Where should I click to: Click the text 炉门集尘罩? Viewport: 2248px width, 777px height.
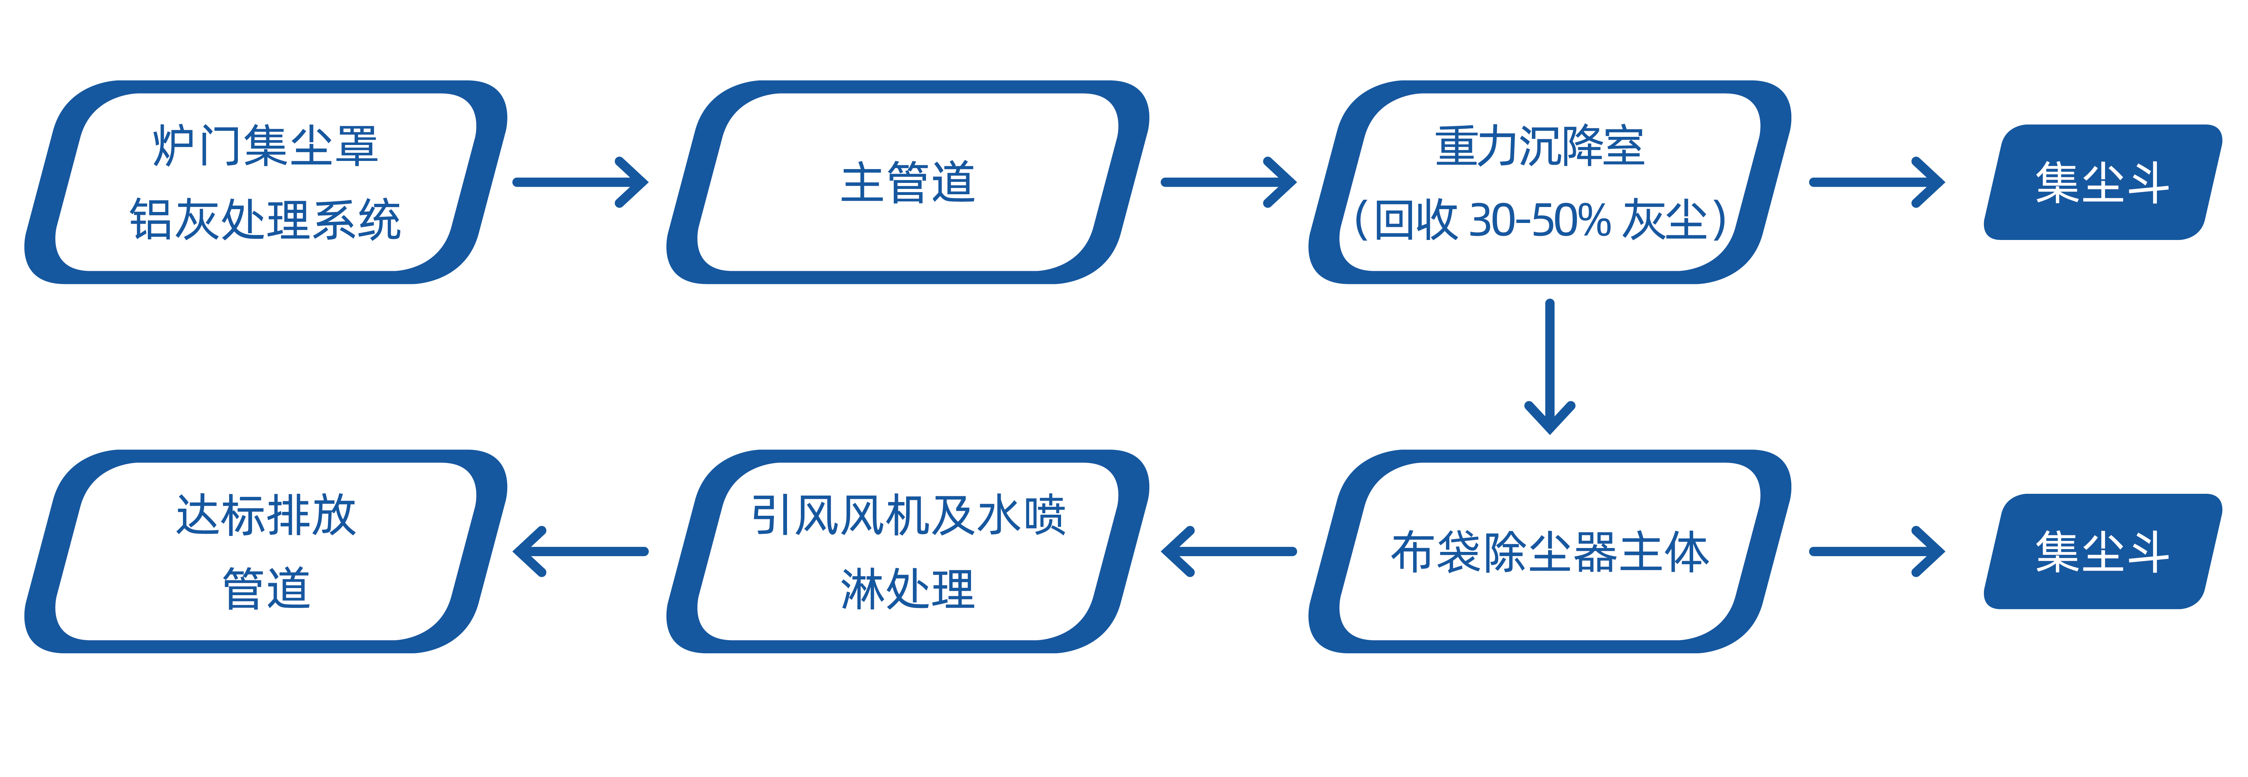tap(265, 146)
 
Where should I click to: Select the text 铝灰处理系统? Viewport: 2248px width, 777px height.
tap(265, 219)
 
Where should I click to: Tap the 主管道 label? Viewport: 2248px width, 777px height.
tap(908, 183)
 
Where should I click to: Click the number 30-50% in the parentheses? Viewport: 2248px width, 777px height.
tap(1540, 220)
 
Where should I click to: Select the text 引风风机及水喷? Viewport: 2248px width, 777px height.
tap(908, 515)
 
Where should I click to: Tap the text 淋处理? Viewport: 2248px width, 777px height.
tap(908, 588)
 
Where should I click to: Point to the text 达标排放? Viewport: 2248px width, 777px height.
tap(265, 515)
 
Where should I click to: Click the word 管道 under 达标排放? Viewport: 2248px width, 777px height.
tap(265, 588)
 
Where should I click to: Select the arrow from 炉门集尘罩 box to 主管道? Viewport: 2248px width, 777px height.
tap(580, 183)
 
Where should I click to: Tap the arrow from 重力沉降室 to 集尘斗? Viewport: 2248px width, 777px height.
tap(1876, 183)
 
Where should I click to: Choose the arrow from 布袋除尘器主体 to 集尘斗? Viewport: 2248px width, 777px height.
tap(1876, 552)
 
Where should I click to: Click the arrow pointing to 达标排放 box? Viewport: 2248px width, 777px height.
tap(580, 552)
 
